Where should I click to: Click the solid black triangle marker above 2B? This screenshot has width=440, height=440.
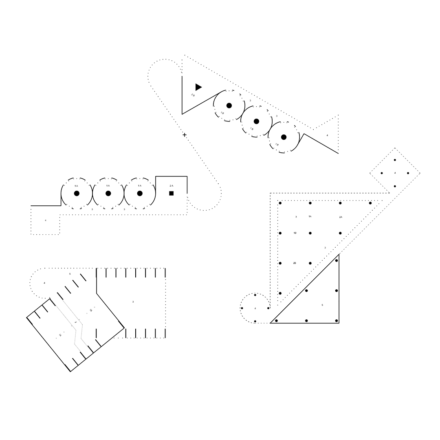pyautogui.click(x=198, y=87)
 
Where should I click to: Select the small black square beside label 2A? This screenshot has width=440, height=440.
pyautogui.click(x=172, y=193)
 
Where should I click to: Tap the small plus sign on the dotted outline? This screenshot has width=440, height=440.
pyautogui.click(x=185, y=135)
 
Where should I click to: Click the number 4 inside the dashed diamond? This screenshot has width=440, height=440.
pyautogui.click(x=395, y=173)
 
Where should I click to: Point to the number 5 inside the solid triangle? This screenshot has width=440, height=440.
pyautogui.click(x=322, y=305)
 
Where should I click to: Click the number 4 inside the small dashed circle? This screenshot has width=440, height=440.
pyautogui.click(x=255, y=308)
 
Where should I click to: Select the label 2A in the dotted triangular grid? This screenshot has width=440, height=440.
pyautogui.click(x=341, y=217)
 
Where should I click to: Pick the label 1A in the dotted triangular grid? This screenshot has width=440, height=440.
pyautogui.click(x=310, y=216)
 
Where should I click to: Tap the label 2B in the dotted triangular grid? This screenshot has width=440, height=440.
pyautogui.click(x=295, y=263)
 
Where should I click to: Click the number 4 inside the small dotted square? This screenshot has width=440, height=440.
pyautogui.click(x=46, y=220)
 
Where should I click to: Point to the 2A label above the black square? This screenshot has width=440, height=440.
pyautogui.click(x=172, y=186)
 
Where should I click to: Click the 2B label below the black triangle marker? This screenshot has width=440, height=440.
pyautogui.click(x=193, y=95)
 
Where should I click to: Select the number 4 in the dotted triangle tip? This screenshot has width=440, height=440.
pyautogui.click(x=327, y=135)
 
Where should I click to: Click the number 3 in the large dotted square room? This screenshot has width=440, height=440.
pyautogui.click(x=133, y=302)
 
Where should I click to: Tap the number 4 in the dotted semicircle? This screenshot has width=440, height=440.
pyautogui.click(x=44, y=283)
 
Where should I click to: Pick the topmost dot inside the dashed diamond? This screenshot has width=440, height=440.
pyautogui.click(x=395, y=160)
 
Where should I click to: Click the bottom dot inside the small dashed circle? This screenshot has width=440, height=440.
pyautogui.click(x=255, y=321)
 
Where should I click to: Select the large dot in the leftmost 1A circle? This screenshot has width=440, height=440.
pyautogui.click(x=77, y=193)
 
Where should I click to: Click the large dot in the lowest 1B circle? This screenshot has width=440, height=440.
pyautogui.click(x=284, y=137)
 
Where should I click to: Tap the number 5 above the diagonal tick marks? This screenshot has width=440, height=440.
pyautogui.click(x=70, y=274)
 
